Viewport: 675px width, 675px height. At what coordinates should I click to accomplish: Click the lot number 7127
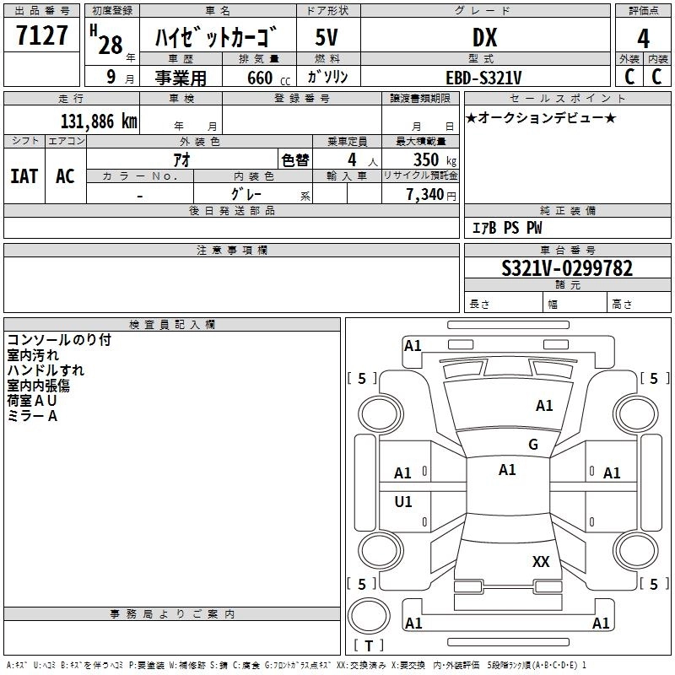click(x=43, y=36)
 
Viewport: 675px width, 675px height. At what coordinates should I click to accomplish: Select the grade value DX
click(x=484, y=37)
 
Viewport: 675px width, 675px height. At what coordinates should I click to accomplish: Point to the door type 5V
click(x=328, y=37)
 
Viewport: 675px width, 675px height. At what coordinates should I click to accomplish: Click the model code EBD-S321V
click(x=484, y=78)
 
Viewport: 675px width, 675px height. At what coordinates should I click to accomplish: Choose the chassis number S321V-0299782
click(x=567, y=269)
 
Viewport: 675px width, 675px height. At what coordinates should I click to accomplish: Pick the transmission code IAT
click(x=24, y=176)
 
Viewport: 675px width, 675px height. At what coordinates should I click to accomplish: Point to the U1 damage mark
click(x=403, y=502)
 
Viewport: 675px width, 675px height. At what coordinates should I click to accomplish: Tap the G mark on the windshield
click(x=533, y=445)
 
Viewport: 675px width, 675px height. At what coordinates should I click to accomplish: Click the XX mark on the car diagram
click(x=541, y=561)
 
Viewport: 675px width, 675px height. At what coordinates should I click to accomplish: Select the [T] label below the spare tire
click(x=369, y=646)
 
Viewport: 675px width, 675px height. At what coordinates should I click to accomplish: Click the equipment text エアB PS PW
click(x=507, y=228)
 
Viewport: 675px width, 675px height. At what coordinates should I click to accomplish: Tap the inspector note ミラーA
click(x=32, y=416)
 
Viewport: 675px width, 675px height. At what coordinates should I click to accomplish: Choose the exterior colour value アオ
click(x=181, y=160)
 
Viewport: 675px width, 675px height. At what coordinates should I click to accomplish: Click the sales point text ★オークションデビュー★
click(x=541, y=118)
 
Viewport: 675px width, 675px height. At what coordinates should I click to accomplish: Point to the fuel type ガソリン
click(x=328, y=78)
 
